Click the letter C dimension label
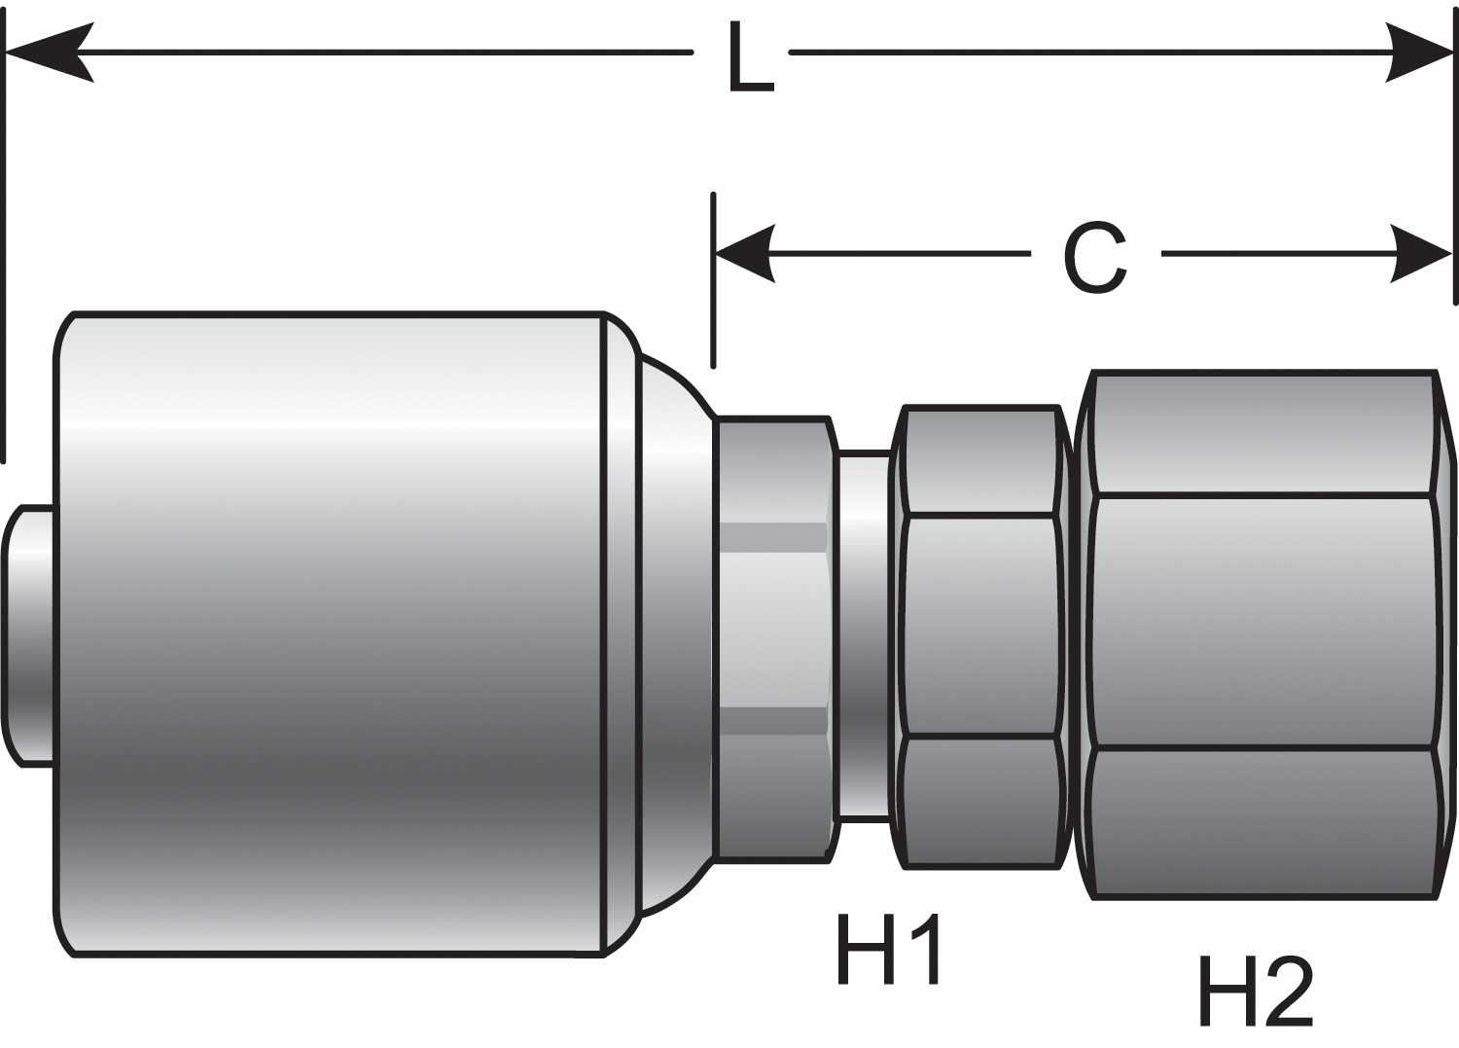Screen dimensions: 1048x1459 point(1096,257)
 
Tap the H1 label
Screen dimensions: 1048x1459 point(888,950)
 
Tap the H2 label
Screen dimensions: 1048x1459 point(1255,990)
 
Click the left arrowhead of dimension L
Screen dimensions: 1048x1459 point(49,52)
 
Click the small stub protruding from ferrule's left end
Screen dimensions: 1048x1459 point(29,635)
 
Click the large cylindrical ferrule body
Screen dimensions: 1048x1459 point(331,632)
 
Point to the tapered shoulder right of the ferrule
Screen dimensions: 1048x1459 point(671,632)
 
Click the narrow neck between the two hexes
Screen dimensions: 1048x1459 point(864,635)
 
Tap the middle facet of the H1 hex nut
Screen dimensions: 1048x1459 point(980,626)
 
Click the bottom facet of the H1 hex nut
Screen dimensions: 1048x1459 point(980,800)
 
